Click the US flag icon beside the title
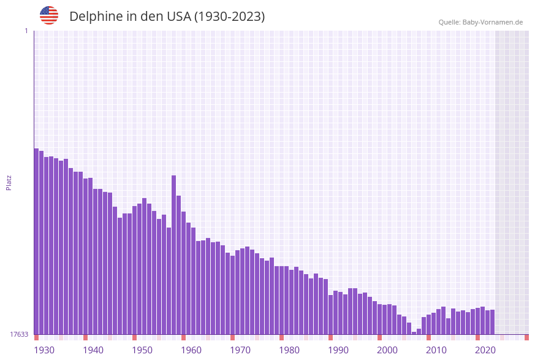49,15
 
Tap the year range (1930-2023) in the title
230,17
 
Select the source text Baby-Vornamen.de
493,22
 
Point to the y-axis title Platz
9,182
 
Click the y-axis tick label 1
26,31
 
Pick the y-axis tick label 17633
19,334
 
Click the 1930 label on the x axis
44,350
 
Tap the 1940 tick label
93,350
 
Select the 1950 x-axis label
142,350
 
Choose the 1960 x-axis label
191,350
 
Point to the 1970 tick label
240,350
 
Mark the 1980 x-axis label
289,350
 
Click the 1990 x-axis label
338,350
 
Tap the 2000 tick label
387,350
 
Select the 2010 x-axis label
436,350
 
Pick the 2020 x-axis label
485,350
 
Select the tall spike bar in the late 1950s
173,255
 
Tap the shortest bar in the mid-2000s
414,333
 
